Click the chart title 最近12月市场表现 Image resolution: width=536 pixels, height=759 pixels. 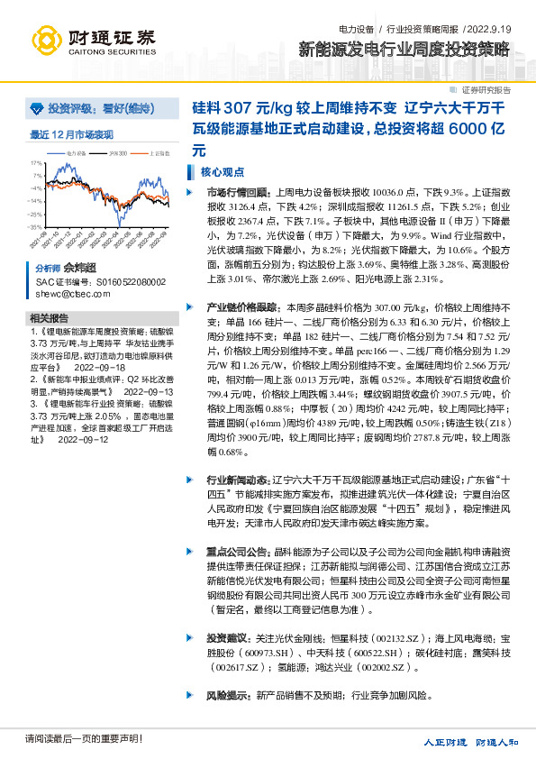pos(71,135)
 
